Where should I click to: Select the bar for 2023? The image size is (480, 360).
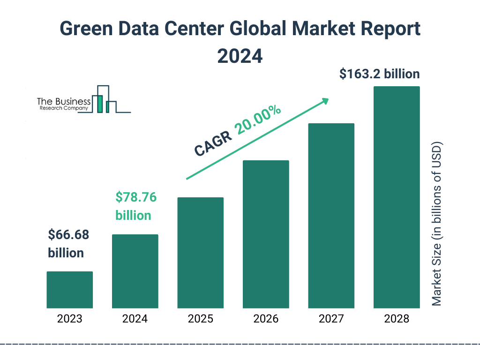[69, 290]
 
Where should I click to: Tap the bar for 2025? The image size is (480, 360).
[200, 253]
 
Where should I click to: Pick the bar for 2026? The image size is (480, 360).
[266, 234]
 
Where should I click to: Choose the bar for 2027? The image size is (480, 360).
[331, 216]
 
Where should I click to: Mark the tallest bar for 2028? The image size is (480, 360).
[397, 197]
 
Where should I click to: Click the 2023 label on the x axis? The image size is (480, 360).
[69, 319]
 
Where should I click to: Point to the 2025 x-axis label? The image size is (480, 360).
[200, 319]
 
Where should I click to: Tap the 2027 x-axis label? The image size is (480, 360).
[331, 319]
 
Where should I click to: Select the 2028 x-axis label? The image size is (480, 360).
[397, 319]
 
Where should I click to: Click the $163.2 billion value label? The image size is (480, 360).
[379, 74]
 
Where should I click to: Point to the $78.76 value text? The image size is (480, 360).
[136, 197]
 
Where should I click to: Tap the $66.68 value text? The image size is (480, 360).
[68, 235]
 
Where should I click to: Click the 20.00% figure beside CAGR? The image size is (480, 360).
[258, 120]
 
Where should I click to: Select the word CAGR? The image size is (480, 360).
[213, 143]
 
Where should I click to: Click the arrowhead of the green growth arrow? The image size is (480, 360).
[324, 101]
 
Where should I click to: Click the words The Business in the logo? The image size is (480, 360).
[64, 102]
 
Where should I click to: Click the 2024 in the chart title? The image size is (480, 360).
[240, 56]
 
